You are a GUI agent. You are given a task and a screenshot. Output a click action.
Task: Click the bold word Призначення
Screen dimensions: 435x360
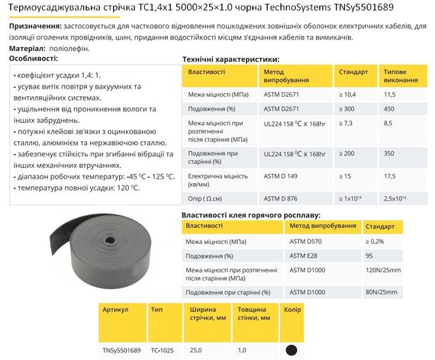click(34, 25)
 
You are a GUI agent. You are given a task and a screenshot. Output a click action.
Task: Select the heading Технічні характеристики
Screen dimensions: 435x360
click(231, 59)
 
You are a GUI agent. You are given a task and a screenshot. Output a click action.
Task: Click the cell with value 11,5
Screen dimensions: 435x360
click(390, 94)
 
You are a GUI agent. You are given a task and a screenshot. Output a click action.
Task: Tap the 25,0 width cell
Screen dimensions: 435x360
click(196, 350)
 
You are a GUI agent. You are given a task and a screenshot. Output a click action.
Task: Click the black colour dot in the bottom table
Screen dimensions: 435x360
click(290, 350)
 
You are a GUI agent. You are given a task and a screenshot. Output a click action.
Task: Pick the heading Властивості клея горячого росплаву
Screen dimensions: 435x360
click(251, 216)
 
